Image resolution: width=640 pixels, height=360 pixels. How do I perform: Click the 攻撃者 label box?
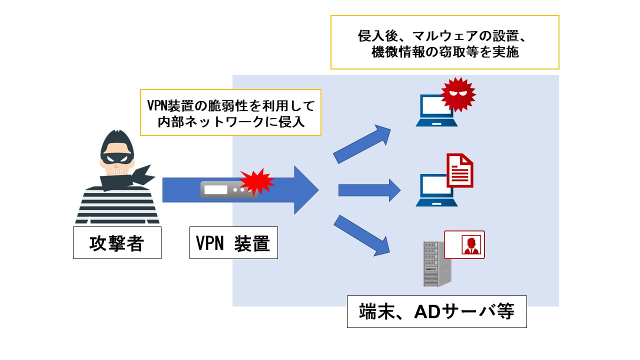117,243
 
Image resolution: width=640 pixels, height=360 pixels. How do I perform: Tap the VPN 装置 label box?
233,243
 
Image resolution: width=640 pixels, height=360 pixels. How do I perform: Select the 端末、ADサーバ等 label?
437,311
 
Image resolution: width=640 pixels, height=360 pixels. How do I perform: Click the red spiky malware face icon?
458,94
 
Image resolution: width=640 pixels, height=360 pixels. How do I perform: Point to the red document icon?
460,170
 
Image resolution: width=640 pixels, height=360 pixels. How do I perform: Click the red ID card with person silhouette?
464,245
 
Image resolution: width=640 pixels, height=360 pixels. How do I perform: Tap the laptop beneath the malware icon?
436,110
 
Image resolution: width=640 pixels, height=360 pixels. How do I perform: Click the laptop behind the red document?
436,190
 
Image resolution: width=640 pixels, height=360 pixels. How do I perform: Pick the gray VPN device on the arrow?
229,189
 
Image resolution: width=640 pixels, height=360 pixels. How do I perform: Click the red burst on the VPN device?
256,181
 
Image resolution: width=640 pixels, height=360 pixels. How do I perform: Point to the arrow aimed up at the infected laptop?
362,144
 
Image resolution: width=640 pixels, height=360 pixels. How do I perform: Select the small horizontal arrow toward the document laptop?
369,190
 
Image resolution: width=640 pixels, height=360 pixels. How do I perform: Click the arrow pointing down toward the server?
362,235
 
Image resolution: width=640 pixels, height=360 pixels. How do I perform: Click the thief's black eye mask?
117,158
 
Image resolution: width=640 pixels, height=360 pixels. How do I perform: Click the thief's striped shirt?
117,205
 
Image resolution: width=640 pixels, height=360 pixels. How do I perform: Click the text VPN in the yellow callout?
157,105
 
